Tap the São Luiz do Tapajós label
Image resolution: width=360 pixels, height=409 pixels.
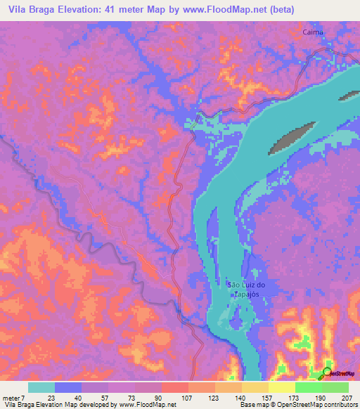[x=247, y=289]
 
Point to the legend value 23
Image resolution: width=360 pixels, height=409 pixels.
[x=51, y=398]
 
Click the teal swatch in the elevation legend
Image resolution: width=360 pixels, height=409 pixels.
[x=41, y=387]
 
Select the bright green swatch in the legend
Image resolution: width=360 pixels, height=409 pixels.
[x=308, y=387]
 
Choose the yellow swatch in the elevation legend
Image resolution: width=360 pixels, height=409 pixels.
[x=255, y=387]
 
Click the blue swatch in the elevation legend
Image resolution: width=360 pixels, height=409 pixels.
[x=67, y=387]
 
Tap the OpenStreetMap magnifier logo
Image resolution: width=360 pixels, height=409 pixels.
[x=327, y=372]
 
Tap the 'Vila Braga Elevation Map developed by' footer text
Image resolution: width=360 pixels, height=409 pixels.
[x=59, y=405]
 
